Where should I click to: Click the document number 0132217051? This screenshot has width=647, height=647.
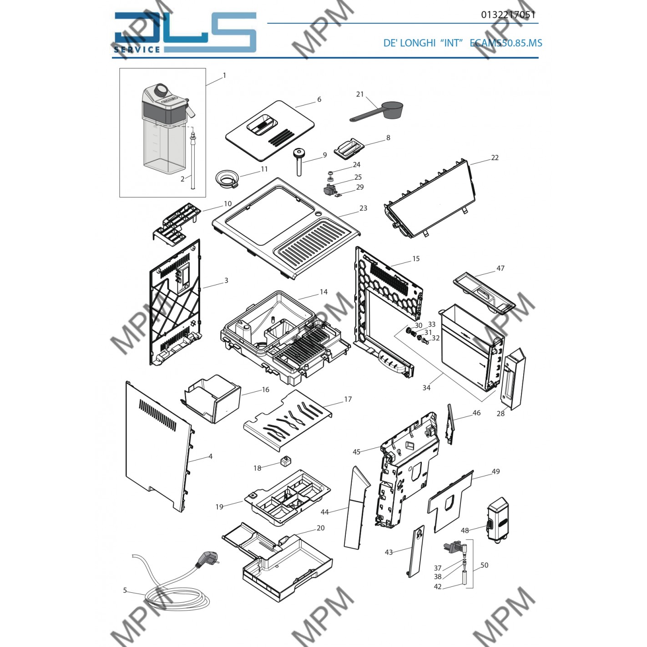tap(508, 15)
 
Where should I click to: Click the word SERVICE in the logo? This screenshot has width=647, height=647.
tap(137, 49)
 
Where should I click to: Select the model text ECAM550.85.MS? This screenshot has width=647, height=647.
tap(505, 43)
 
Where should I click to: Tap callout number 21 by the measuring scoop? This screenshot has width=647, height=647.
tap(360, 94)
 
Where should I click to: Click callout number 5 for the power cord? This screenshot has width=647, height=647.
tap(125, 591)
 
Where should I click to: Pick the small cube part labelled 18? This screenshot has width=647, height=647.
tap(285, 462)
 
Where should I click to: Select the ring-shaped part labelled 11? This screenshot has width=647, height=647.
tap(226, 178)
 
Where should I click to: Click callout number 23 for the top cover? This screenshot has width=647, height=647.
tap(363, 208)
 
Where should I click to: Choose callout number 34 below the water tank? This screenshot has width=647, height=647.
tap(426, 388)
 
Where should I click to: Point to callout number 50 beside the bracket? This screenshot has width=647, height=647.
tap(484, 565)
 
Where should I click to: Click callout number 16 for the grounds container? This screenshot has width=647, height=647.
tap(265, 389)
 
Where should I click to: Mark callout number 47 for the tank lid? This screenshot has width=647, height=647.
tap(500, 268)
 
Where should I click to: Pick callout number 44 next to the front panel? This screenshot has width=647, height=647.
tap(324, 512)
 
